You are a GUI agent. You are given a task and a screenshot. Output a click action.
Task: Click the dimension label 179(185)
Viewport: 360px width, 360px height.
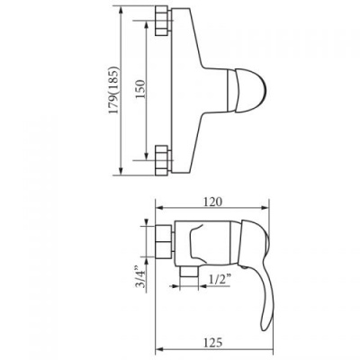click(114, 90)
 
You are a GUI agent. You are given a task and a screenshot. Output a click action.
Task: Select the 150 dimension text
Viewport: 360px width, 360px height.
click(140, 89)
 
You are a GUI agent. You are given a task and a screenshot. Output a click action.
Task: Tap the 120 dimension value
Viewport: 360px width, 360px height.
click(212, 202)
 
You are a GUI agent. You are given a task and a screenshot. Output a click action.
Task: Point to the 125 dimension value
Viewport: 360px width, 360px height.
click(212, 342)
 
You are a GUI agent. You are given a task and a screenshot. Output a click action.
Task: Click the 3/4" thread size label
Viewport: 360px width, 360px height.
click(140, 276)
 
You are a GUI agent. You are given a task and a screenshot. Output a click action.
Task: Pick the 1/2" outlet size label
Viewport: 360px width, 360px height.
click(220, 279)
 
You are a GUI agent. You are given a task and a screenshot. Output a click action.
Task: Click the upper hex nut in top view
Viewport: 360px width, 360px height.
click(163, 22)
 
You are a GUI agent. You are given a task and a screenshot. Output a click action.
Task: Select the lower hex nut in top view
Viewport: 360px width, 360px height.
click(163, 160)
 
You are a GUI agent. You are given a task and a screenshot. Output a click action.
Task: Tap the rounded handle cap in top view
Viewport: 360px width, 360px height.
click(251, 91)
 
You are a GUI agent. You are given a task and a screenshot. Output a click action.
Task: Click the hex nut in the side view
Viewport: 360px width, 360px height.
click(164, 241)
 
